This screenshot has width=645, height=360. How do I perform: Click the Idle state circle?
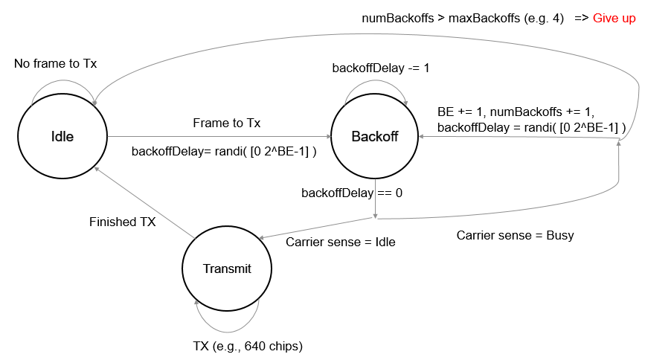62,136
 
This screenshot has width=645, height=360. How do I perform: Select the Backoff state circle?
375,136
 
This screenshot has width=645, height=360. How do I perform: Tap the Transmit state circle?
227,269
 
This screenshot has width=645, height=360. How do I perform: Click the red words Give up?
614,18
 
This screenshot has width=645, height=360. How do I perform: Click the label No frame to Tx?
55,64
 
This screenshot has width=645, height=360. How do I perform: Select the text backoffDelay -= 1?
381,68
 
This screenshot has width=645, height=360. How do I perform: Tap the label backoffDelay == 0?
352,193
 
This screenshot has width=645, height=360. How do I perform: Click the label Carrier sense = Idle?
340,242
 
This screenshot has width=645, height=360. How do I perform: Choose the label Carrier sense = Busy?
515,235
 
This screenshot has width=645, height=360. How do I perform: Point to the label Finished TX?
123,222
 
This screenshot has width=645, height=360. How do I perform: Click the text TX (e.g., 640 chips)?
248,346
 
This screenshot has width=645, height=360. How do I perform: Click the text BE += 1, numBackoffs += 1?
516,112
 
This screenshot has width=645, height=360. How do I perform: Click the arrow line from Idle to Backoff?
219,137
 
